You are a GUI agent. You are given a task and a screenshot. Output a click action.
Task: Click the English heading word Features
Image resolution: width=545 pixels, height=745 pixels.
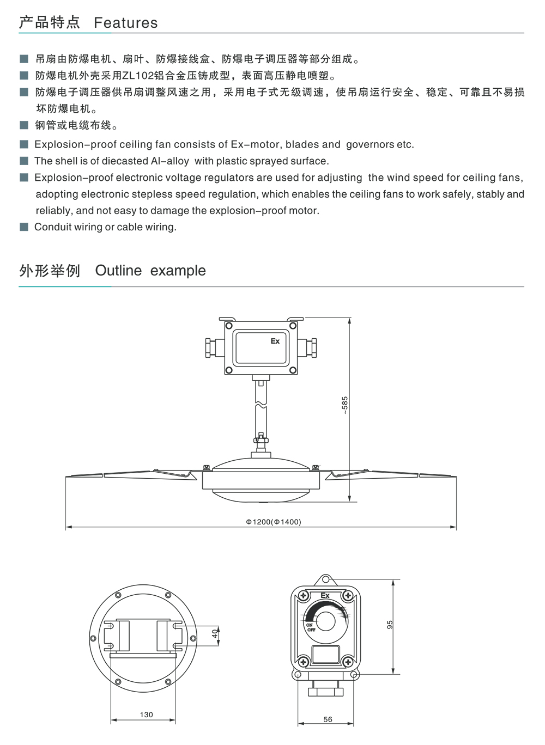125,22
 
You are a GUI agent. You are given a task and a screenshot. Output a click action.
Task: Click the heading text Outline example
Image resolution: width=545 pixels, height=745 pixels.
150,270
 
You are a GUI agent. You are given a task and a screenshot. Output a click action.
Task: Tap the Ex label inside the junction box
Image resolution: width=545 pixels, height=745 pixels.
275,341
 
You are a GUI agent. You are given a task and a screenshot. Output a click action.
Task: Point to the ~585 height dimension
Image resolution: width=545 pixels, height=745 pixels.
344,405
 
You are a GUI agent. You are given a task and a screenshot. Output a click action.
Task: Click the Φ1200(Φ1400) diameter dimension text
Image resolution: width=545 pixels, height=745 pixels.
273,522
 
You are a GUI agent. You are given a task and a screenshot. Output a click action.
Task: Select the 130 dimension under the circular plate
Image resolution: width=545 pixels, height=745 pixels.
146,715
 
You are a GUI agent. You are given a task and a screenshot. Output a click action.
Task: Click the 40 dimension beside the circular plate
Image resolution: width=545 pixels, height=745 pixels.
215,633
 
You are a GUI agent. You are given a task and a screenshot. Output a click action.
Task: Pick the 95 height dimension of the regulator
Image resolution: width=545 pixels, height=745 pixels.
390,625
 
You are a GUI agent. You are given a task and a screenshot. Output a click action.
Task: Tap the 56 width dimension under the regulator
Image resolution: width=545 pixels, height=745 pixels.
328,719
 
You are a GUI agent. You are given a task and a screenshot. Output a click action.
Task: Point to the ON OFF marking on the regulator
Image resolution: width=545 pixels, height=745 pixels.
310,627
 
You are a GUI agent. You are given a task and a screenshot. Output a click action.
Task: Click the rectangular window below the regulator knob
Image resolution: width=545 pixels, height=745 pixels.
325,654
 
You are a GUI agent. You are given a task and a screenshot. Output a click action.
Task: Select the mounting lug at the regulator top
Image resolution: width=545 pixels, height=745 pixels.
325,579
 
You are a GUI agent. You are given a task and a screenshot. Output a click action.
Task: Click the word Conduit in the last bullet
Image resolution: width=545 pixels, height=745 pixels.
52,227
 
